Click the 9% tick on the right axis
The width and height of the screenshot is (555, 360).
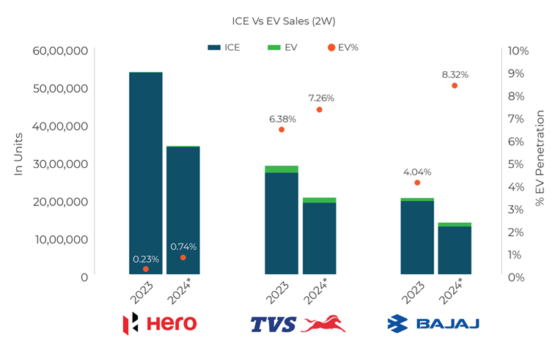click(x=518, y=73)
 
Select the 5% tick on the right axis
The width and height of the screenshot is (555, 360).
click(x=518, y=164)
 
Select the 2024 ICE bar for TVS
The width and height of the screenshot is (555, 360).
click(x=319, y=238)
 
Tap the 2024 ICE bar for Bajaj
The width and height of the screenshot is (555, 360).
click(x=455, y=251)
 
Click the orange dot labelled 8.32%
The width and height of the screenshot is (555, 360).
click(x=455, y=86)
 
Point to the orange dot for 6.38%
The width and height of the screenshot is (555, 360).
click(x=282, y=130)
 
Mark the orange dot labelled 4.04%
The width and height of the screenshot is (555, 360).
click(x=417, y=183)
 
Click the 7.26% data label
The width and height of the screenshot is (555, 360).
click(x=321, y=98)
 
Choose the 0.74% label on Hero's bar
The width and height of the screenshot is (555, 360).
click(x=183, y=246)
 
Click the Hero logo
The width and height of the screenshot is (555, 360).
click(x=159, y=323)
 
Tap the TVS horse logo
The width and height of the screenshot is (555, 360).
click(x=323, y=323)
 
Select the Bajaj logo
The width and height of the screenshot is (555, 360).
click(x=433, y=323)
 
